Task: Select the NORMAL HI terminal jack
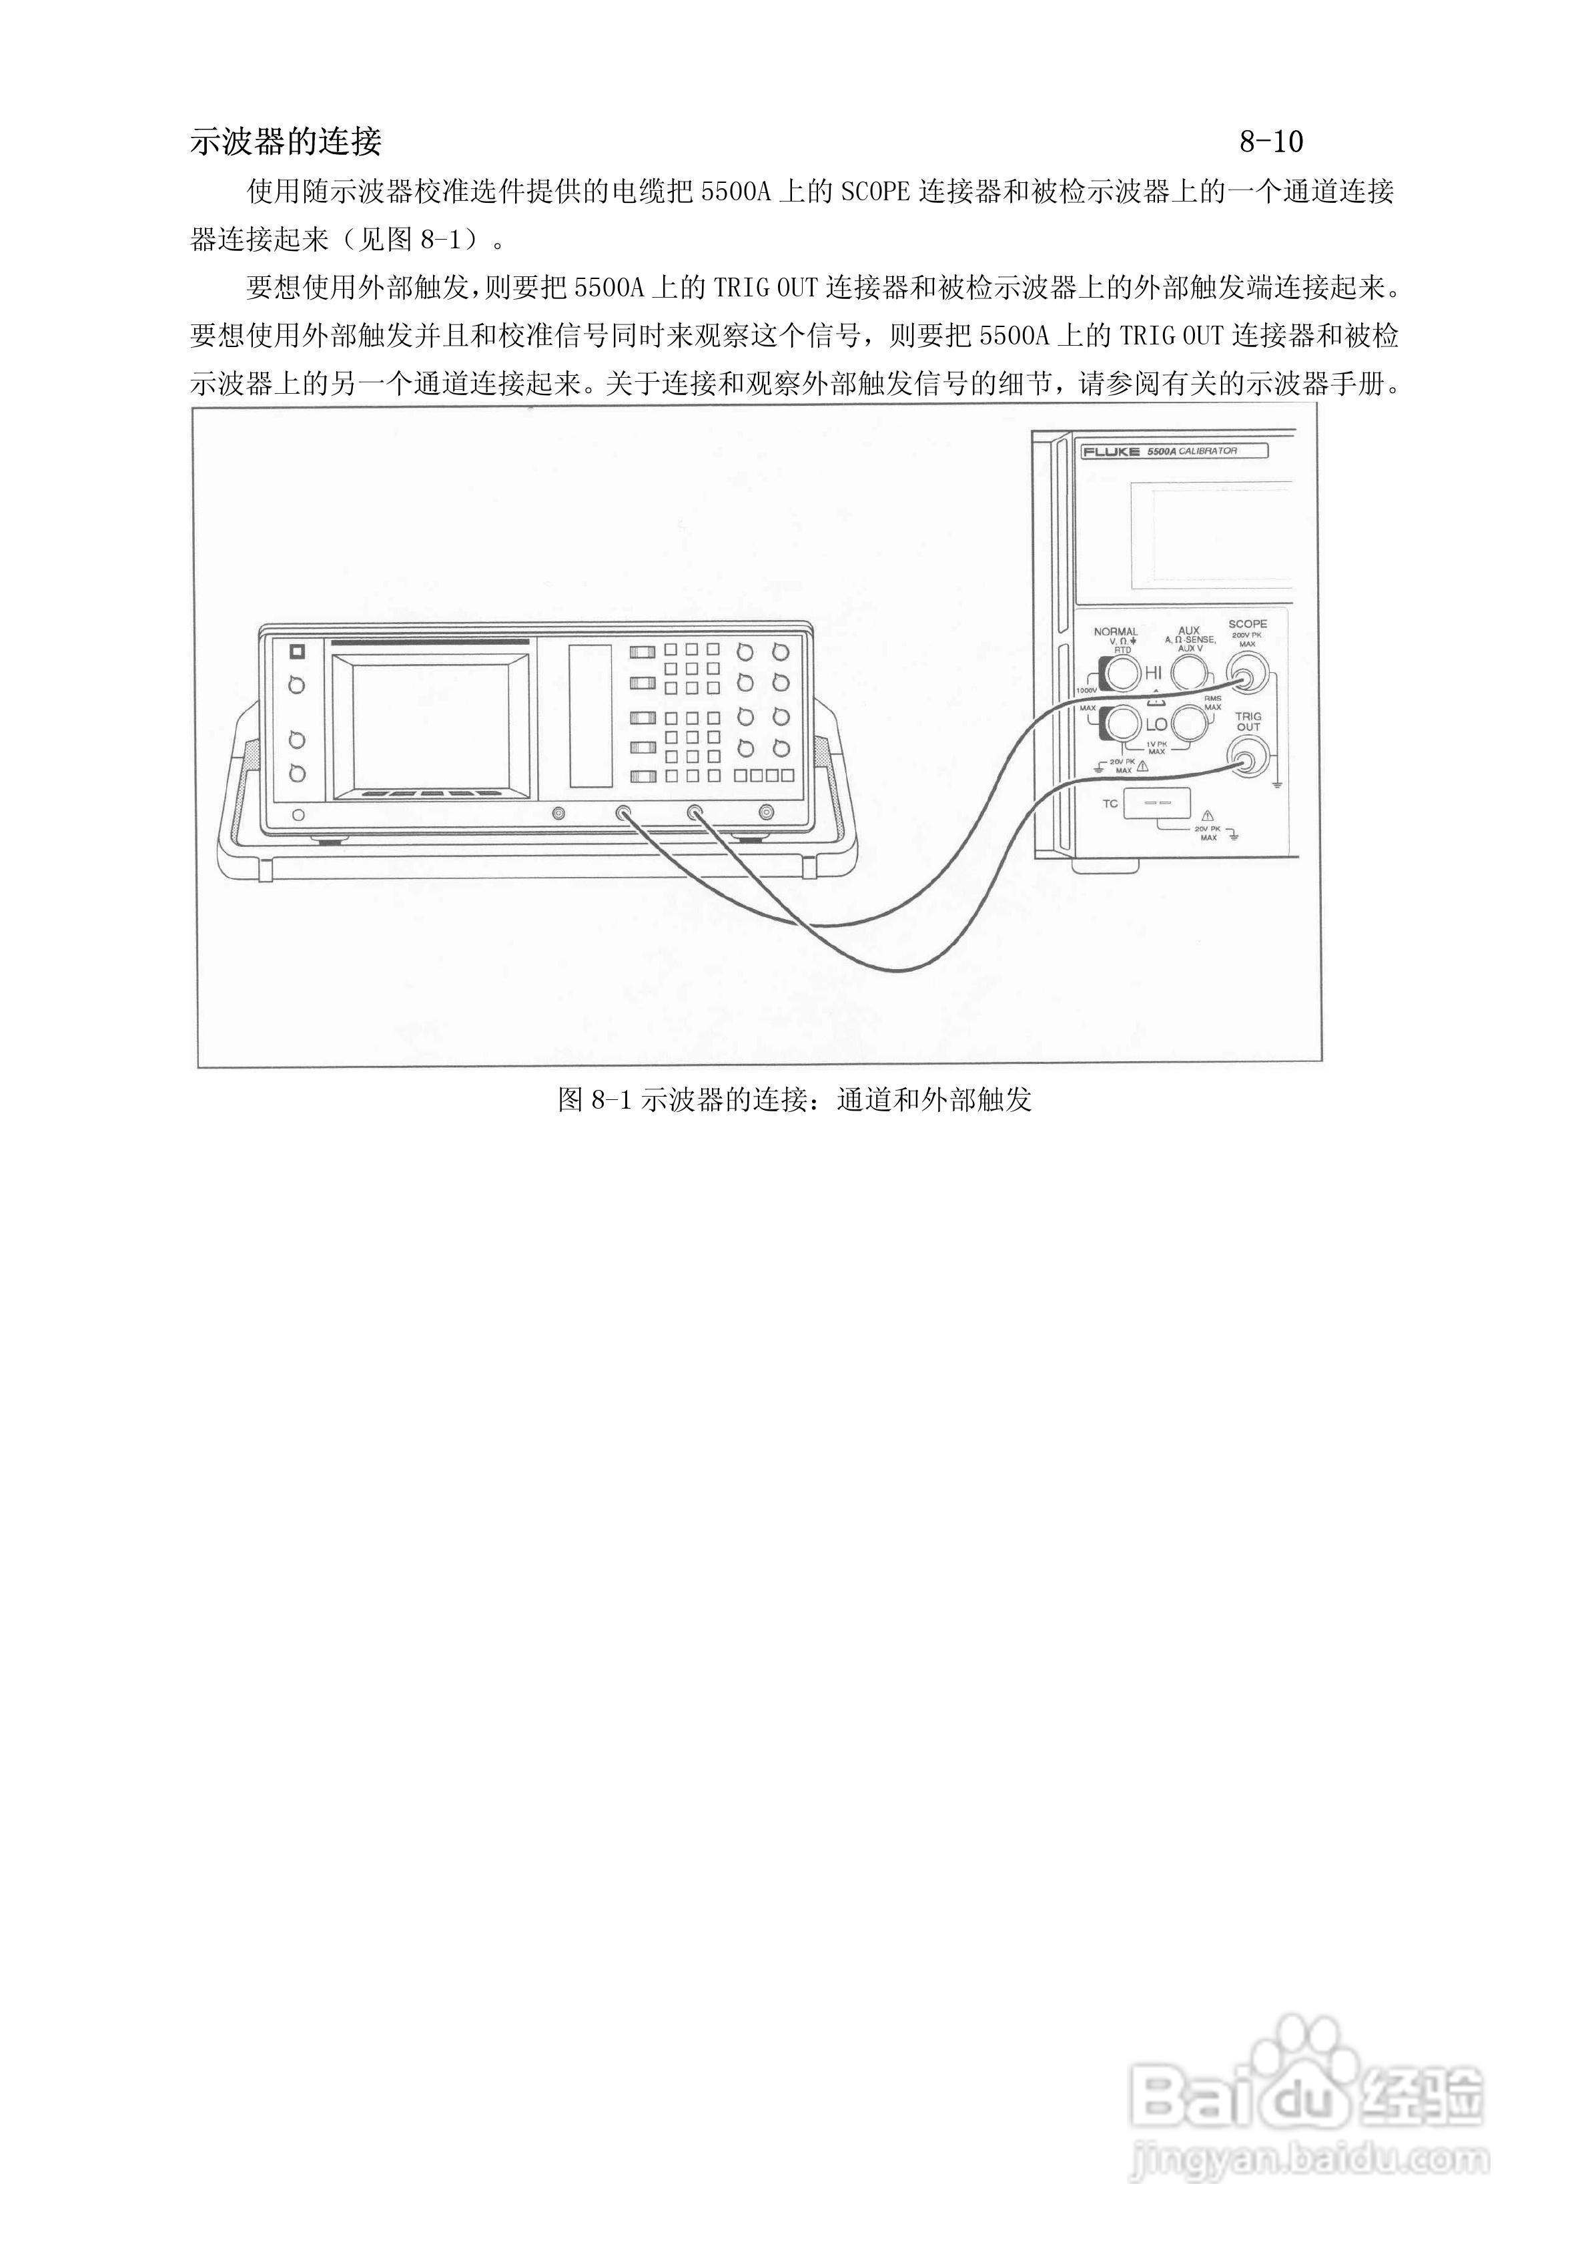1120,673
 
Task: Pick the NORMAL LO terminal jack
1120,725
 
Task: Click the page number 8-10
1271,142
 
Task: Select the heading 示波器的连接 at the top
285,142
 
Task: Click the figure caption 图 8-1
794,1099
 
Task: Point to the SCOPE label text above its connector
1247,623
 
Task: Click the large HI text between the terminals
1154,673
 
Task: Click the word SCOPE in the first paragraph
875,192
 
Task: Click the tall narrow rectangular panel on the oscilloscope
590,715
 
